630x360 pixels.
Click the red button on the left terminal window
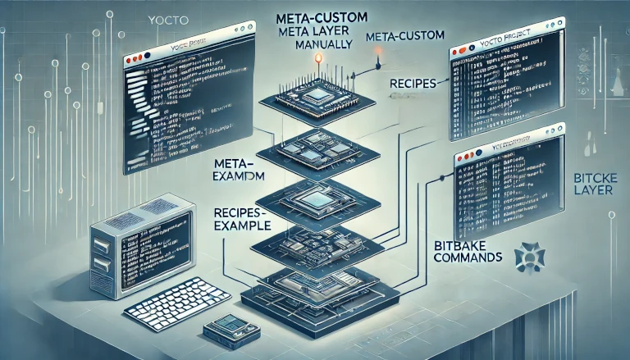(x=129, y=62)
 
